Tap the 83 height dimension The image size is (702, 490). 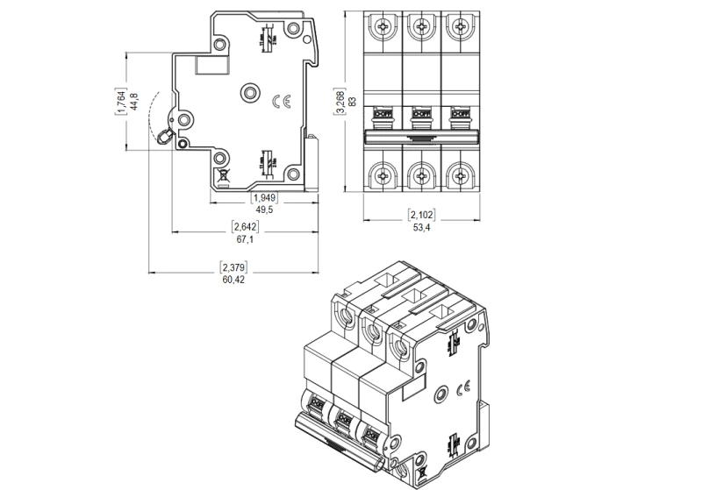point(351,101)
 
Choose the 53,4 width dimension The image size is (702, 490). point(421,228)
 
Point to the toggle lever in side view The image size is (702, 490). point(165,136)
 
